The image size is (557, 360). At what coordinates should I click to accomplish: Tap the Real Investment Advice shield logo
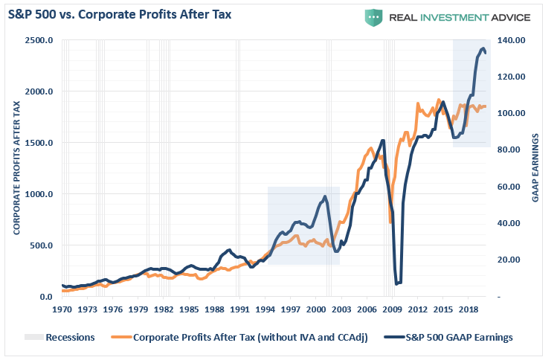coord(373,17)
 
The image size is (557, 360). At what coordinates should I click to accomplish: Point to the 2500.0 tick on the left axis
coord(39,40)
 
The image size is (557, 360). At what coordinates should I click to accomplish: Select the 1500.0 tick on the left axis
coord(39,143)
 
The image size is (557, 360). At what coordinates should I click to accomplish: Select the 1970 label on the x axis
coord(62,308)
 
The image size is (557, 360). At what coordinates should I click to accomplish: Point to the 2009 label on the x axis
coord(392,308)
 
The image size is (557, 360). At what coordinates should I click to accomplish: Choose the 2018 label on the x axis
coord(468,308)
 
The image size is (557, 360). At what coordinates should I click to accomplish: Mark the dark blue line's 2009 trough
coord(398,283)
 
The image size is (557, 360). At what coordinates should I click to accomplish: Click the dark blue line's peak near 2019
coord(483,49)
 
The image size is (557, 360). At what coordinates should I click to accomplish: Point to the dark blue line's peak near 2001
coord(324,196)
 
